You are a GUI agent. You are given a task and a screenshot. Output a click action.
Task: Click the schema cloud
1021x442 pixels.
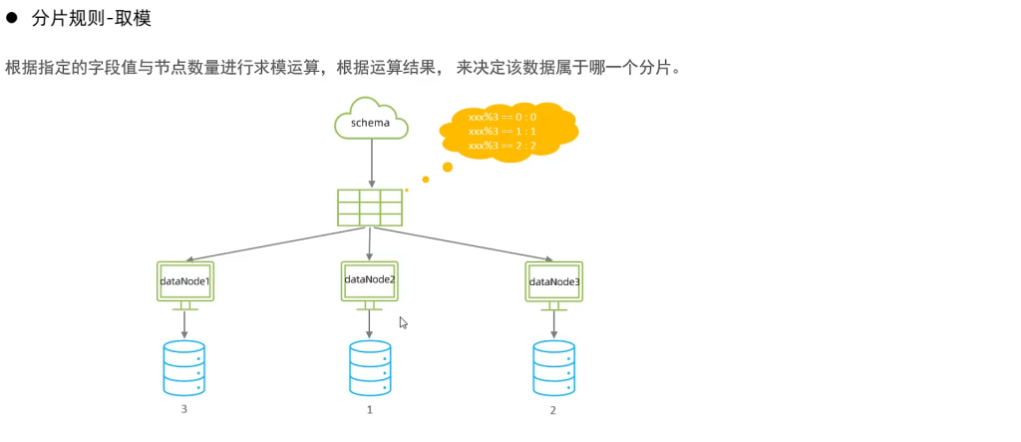point(371,120)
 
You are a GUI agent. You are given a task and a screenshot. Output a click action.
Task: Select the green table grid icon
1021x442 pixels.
point(370,207)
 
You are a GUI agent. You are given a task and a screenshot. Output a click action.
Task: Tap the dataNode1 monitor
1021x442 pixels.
point(185,282)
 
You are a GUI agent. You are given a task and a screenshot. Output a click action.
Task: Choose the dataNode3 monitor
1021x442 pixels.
point(554,282)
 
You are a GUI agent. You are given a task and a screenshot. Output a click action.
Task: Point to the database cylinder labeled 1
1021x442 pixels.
point(370,367)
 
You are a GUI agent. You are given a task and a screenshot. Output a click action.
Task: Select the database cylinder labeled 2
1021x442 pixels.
point(554,367)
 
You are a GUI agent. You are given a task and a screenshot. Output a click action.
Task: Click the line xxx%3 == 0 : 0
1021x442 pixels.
point(502,117)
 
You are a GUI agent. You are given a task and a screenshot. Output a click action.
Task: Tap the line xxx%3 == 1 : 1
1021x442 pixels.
point(502,131)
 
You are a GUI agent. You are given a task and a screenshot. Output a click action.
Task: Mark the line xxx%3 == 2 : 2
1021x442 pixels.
point(502,146)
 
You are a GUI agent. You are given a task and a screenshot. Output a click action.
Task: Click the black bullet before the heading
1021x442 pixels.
point(13,17)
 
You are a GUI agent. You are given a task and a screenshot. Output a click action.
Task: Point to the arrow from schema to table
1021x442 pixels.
point(371,163)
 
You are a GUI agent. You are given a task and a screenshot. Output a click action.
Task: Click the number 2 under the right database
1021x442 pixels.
point(553,410)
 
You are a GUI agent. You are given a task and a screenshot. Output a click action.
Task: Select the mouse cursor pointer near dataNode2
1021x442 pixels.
point(403,322)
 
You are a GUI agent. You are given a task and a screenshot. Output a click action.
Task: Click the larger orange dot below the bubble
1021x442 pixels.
point(448,167)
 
